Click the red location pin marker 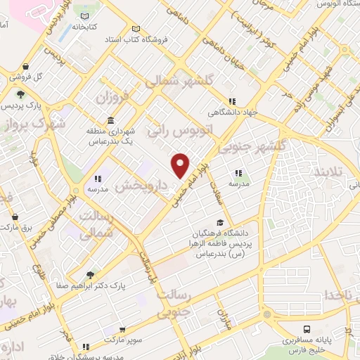181,165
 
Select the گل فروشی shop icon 13,75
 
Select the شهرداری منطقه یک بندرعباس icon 111,120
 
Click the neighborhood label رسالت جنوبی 185,302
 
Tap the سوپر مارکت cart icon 123,328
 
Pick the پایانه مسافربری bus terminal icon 308,328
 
